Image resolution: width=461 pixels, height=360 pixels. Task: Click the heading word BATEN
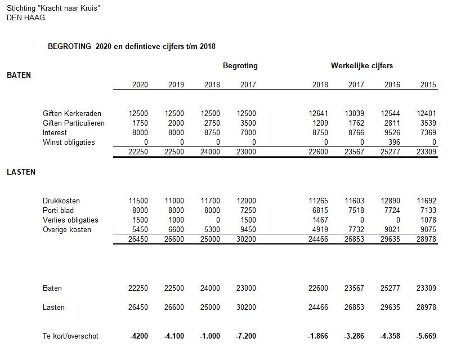click(x=19, y=75)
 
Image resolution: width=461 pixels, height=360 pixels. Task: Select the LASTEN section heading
click(x=21, y=172)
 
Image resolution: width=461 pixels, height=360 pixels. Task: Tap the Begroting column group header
click(x=240, y=66)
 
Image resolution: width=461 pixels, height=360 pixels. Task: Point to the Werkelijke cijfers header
click(x=362, y=66)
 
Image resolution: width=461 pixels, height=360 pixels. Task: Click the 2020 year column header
click(x=140, y=85)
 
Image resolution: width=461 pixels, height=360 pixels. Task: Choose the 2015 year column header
click(x=428, y=85)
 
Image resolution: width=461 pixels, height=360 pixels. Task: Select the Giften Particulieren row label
click(x=74, y=123)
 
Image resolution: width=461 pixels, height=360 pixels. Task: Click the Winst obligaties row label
click(x=69, y=143)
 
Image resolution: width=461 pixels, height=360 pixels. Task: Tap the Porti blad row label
click(x=58, y=211)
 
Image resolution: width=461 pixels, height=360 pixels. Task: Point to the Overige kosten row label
click(x=67, y=230)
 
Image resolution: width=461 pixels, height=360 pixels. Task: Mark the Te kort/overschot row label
click(x=70, y=336)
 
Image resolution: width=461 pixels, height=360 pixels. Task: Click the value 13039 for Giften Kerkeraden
click(x=354, y=114)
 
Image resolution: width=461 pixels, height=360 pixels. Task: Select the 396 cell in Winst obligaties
click(x=394, y=143)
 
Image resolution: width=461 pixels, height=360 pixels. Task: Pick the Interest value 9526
click(x=392, y=133)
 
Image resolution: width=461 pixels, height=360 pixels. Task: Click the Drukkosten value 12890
click(x=390, y=201)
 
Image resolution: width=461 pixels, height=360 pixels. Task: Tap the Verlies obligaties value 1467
click(x=320, y=220)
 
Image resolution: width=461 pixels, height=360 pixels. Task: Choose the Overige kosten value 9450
click(x=248, y=230)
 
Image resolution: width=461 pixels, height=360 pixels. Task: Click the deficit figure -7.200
click(x=246, y=336)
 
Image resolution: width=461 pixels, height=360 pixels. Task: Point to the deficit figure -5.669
click(x=426, y=336)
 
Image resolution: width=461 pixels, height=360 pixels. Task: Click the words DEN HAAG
click(x=26, y=17)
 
